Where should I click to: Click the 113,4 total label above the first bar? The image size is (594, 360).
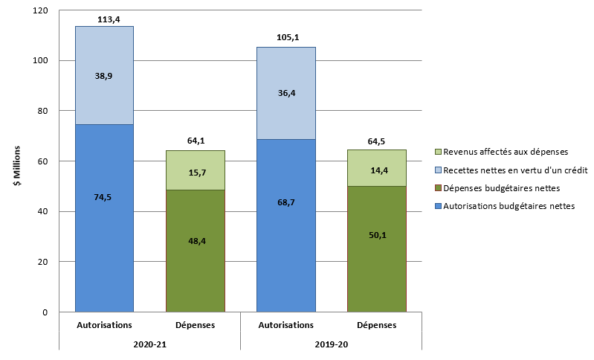[x=105, y=19]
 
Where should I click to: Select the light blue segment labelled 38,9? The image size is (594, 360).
[x=105, y=75]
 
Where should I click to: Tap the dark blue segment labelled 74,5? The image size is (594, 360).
[x=105, y=218]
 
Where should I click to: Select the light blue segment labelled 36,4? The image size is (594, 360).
[x=286, y=93]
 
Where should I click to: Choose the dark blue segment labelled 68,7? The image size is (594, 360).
[x=286, y=225]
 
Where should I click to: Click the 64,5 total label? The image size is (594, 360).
[x=377, y=141]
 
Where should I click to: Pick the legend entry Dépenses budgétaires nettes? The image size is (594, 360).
[x=502, y=187]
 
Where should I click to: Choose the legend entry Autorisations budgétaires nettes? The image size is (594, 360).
[x=509, y=206]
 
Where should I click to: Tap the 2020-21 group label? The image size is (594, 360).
[x=149, y=344]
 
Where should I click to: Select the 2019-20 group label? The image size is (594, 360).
[x=332, y=344]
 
